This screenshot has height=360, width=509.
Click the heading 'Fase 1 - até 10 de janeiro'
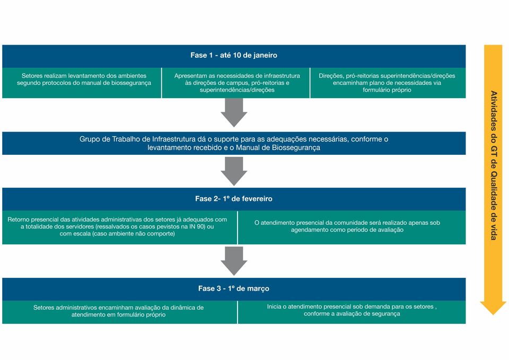[x=234, y=55]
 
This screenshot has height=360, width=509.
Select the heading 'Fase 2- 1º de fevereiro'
[x=234, y=199]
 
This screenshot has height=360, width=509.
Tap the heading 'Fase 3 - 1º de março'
[x=234, y=288]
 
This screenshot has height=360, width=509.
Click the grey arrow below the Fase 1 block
[x=234, y=112]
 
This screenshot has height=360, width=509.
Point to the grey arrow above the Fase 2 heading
[x=234, y=171]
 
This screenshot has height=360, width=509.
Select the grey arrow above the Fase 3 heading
[x=234, y=261]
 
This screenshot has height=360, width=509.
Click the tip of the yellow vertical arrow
[x=493, y=315]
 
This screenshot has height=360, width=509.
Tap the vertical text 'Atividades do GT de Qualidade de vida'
[x=494, y=165]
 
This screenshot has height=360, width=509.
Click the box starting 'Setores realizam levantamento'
[x=82, y=83]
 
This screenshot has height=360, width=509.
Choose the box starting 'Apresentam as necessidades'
[x=235, y=83]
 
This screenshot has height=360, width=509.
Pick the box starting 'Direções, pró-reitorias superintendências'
[x=388, y=83]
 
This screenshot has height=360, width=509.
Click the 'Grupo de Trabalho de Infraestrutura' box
[x=234, y=143]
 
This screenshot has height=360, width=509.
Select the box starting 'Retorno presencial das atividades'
[x=119, y=227]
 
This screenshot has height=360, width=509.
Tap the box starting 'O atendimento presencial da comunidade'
[x=352, y=227]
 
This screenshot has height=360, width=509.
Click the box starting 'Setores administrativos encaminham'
[x=119, y=312]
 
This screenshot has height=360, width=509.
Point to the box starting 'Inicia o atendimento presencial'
[x=352, y=312]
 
